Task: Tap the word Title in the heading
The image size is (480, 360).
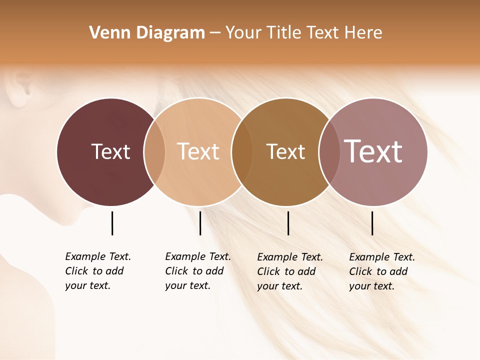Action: [x=284, y=33]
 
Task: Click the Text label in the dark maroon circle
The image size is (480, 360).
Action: [x=110, y=151]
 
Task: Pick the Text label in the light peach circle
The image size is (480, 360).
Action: [x=198, y=151]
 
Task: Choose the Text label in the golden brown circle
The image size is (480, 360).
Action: [x=285, y=151]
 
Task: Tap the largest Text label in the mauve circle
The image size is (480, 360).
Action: [x=373, y=151]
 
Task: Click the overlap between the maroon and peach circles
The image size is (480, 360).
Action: [x=154, y=151]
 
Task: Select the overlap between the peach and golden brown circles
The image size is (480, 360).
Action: [x=242, y=151]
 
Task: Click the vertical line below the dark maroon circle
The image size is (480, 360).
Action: [x=112, y=223]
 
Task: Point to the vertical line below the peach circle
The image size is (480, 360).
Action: [x=200, y=223]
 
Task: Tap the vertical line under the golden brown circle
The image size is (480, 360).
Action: [x=288, y=223]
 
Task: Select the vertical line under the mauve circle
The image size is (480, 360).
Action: [x=372, y=223]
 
